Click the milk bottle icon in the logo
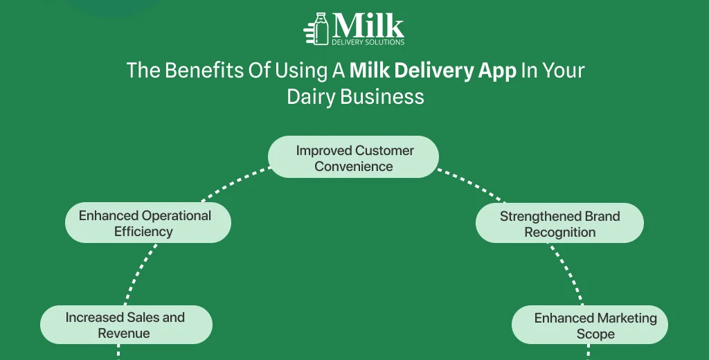(321, 28)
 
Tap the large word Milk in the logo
(368, 26)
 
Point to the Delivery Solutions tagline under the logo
(368, 42)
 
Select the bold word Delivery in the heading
(428, 71)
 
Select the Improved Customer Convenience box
(353, 157)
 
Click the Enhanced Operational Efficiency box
(148, 222)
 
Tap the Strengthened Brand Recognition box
(559, 223)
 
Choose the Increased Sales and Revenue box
(126, 325)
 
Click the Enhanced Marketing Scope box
(590, 325)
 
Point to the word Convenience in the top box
(354, 166)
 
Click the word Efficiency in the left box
(143, 231)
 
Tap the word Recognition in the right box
(559, 233)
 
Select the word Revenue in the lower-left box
(124, 333)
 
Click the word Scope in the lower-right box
(595, 334)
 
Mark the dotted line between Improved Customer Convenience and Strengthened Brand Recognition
(471, 184)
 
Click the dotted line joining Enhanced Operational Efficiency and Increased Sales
(138, 274)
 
